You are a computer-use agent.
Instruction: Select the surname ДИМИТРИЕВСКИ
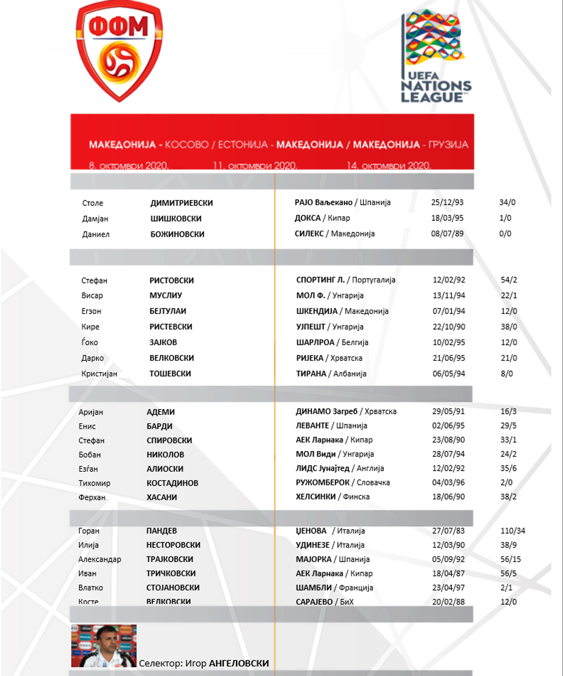pyautogui.click(x=182, y=203)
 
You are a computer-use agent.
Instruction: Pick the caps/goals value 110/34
pyautogui.click(x=513, y=531)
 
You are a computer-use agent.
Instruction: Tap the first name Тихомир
pyautogui.click(x=94, y=483)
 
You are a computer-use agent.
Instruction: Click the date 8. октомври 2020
pyautogui.click(x=128, y=166)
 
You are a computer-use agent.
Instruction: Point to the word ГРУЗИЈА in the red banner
pyautogui.click(x=445, y=144)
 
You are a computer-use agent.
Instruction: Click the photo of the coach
pyautogui.click(x=103, y=646)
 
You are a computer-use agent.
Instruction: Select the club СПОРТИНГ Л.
pyautogui.click(x=321, y=280)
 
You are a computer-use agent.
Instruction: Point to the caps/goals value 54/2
pyautogui.click(x=509, y=280)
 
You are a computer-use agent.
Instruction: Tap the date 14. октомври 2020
pyautogui.click(x=388, y=166)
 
